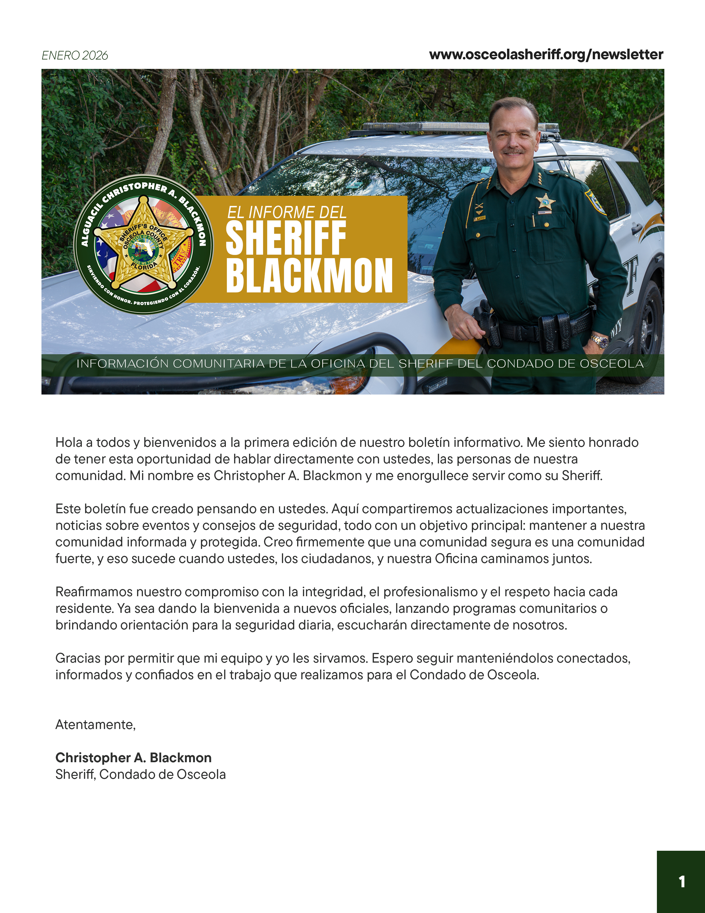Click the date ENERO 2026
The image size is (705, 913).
[75, 56]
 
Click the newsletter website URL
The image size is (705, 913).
[546, 55]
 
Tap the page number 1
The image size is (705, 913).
[681, 882]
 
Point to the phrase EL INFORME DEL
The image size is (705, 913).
[286, 212]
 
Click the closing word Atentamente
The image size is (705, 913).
[95, 725]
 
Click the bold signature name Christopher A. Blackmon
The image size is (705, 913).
[133, 758]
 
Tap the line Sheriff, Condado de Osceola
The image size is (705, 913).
[140, 774]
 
